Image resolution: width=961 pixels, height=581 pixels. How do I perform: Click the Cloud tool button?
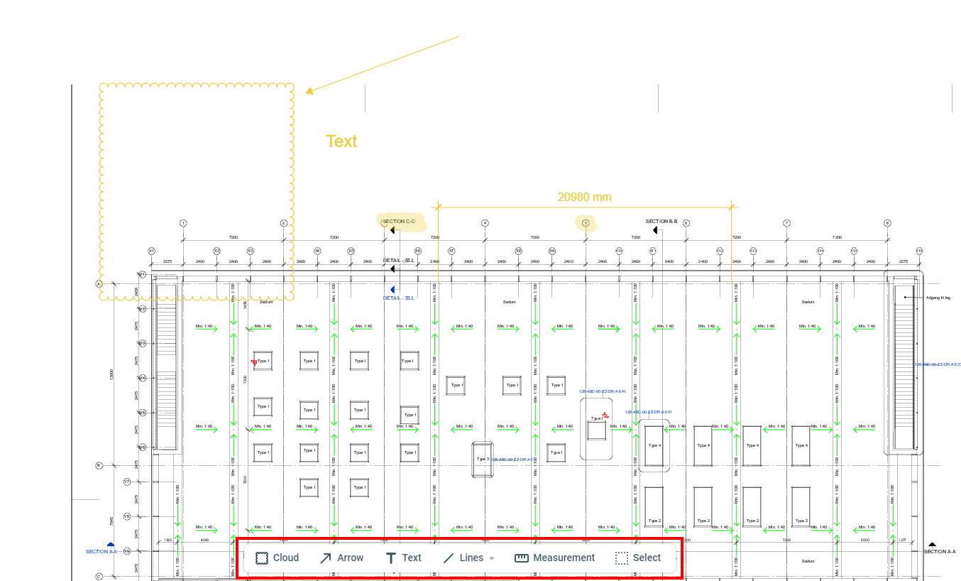click(x=277, y=558)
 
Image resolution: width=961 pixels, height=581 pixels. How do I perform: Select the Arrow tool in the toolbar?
click(x=341, y=558)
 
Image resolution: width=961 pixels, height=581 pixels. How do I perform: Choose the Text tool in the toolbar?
click(x=403, y=558)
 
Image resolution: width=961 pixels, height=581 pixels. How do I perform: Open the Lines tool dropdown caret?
click(x=492, y=558)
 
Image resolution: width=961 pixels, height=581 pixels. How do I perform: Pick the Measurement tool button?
click(x=555, y=558)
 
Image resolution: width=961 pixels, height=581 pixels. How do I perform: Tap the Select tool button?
click(x=638, y=558)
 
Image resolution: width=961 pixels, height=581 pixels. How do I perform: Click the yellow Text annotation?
click(x=341, y=141)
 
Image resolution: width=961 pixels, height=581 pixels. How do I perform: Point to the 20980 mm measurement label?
click(x=584, y=197)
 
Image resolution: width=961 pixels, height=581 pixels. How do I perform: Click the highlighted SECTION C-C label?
click(x=400, y=222)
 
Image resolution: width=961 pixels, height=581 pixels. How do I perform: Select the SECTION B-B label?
click(x=661, y=222)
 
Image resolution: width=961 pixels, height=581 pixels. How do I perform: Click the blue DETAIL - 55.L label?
click(x=399, y=298)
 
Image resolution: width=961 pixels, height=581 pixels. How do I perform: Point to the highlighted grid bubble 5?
click(x=586, y=223)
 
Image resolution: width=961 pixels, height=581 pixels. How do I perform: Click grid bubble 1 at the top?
click(x=183, y=223)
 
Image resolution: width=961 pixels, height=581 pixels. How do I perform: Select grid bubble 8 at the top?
click(x=887, y=223)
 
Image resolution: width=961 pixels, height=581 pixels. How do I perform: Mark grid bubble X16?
click(x=919, y=251)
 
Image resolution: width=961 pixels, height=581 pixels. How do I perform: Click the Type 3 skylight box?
click(x=483, y=459)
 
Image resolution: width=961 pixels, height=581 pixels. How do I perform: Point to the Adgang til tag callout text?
click(x=938, y=298)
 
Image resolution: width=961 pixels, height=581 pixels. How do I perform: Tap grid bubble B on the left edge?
click(x=99, y=466)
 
